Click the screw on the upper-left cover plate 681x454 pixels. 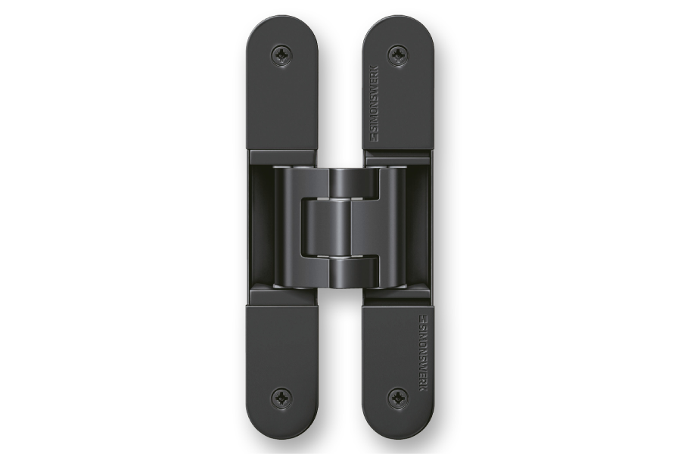282,55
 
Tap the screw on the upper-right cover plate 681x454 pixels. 398,55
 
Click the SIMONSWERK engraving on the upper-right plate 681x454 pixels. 375,104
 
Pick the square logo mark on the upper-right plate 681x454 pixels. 375,138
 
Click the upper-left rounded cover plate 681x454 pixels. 282,86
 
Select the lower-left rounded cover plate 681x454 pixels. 282,370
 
